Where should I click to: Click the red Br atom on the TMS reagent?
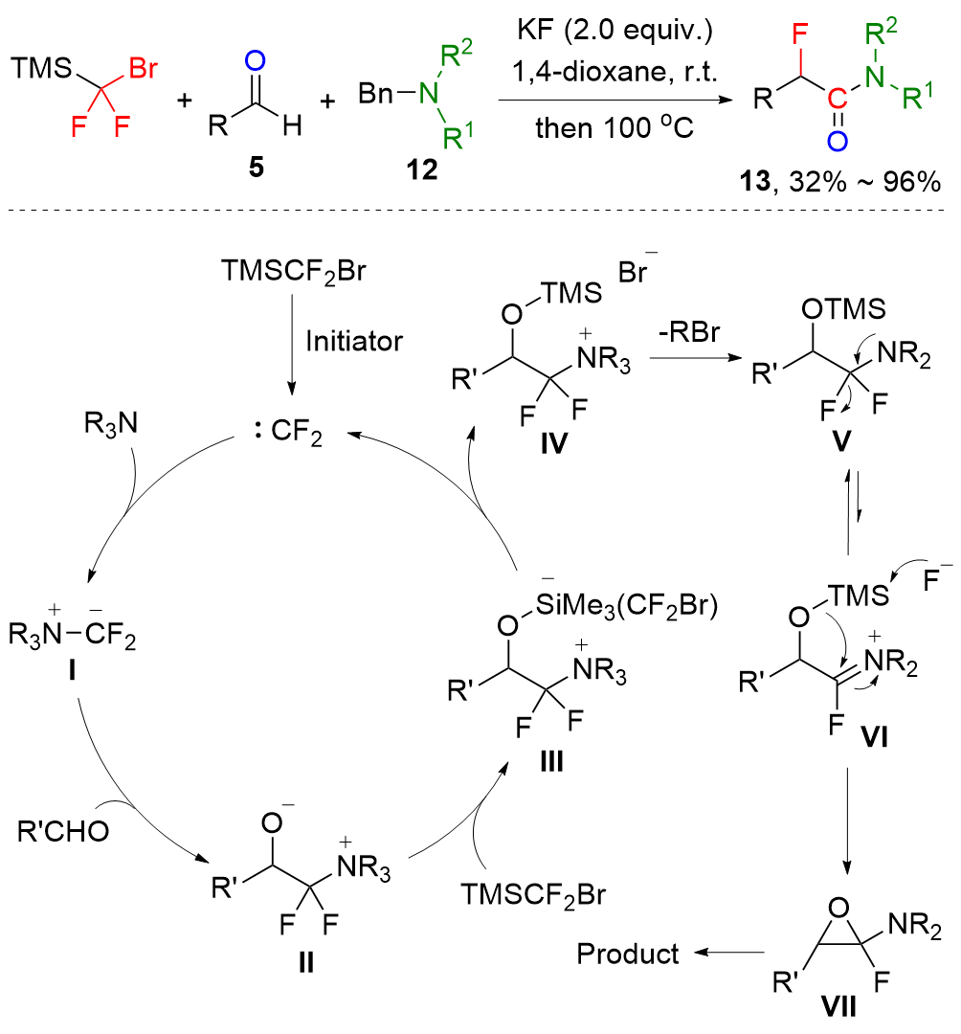(x=143, y=68)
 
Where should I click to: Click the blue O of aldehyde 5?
(x=255, y=61)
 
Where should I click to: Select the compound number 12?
(x=422, y=170)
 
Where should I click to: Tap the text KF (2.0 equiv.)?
(x=615, y=30)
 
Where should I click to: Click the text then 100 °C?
(x=615, y=127)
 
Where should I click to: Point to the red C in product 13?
(x=838, y=100)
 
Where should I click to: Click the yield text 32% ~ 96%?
(x=864, y=181)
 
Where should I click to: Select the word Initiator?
(x=354, y=341)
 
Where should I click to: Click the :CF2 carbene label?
(x=288, y=433)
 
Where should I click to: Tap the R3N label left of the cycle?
(x=111, y=424)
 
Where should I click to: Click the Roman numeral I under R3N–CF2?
(x=71, y=671)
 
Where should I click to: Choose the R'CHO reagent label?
(x=63, y=832)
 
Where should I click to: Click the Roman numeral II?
(x=306, y=963)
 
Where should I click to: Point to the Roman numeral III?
(x=551, y=762)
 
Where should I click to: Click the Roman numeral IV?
(x=553, y=444)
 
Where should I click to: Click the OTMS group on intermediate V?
(x=843, y=308)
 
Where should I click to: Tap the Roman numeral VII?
(x=839, y=1007)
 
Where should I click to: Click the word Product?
(x=628, y=954)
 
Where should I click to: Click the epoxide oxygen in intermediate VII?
(x=838, y=908)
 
